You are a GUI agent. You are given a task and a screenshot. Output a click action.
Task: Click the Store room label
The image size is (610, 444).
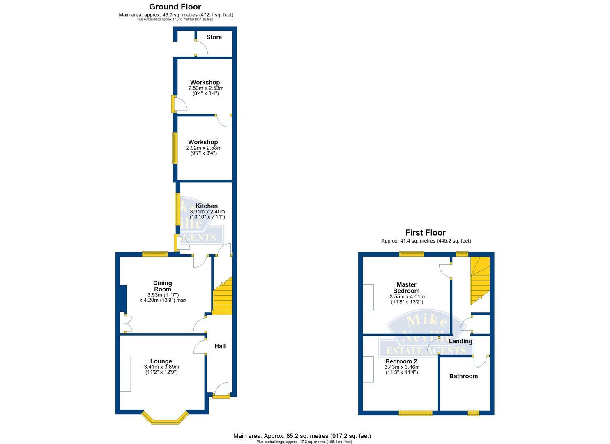point(214,37)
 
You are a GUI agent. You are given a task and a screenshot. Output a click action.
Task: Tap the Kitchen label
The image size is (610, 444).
point(207,206)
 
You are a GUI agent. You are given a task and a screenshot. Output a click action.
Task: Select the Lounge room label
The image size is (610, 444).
point(161,361)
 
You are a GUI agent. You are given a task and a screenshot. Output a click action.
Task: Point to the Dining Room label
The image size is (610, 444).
point(162,286)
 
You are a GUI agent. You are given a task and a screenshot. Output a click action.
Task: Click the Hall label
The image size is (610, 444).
point(220,346)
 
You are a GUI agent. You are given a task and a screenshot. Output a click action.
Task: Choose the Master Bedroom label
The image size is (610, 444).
point(407,288)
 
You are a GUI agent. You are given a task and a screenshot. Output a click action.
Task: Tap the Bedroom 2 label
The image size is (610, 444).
point(401,361)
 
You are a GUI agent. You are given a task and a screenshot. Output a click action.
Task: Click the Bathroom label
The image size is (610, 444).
point(463,376)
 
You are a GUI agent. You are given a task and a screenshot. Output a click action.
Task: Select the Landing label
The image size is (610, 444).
point(460,341)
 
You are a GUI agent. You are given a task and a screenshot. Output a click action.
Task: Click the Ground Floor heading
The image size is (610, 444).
point(175,7)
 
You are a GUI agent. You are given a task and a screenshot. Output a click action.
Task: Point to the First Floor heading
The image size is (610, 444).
point(425,233)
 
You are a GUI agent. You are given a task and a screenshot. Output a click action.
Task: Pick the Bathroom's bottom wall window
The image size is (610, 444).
point(473,413)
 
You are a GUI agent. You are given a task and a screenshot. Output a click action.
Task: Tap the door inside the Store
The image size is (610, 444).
point(201,48)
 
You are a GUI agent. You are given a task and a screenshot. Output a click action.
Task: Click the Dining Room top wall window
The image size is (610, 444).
point(155,254)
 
